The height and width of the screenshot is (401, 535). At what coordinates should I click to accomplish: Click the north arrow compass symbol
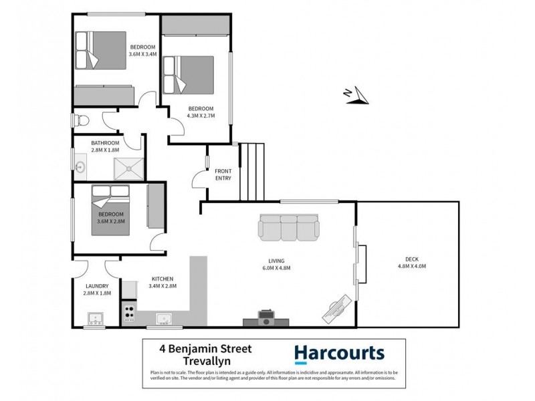358,95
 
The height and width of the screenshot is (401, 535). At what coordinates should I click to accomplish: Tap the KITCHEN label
163,279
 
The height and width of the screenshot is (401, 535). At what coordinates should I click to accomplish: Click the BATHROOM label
106,143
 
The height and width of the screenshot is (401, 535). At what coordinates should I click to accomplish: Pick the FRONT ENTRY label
223,175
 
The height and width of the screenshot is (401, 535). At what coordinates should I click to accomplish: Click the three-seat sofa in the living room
289,227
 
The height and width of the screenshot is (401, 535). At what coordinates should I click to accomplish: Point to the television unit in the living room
266,317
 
